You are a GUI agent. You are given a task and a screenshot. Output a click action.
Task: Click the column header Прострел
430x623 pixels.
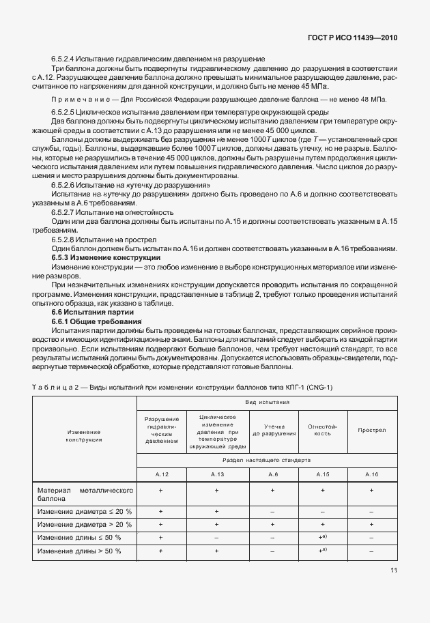371,431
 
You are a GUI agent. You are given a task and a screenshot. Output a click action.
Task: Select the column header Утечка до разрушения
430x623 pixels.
273,430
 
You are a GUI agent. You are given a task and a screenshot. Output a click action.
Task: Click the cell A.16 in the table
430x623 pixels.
371,474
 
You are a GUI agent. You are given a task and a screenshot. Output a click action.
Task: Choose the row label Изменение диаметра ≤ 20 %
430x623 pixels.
85,511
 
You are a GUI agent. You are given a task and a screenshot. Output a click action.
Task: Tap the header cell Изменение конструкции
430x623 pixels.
85,435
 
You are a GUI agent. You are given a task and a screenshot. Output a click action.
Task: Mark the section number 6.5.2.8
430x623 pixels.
66,240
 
